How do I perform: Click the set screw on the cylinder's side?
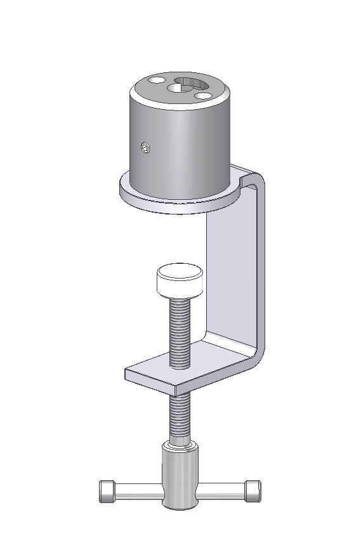[146, 148]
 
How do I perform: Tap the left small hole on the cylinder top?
[155, 81]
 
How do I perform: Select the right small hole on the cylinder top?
[204, 96]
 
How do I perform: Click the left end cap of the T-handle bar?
[105, 492]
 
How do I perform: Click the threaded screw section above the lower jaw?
[180, 333]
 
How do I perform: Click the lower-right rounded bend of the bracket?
[257, 355]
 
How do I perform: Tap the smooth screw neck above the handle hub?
[178, 442]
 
